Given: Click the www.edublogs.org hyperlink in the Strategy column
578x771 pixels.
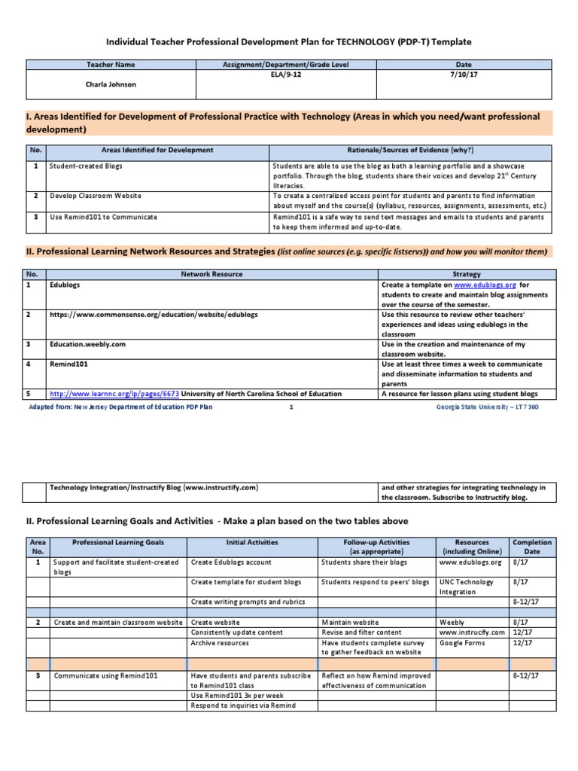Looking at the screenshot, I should (484, 285).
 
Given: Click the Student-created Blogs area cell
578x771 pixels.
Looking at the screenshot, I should (86, 165).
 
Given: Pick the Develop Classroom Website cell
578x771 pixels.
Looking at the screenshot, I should (95, 196).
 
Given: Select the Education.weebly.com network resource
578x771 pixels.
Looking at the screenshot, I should (87, 343).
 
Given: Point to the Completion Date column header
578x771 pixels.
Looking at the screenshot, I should (531, 547).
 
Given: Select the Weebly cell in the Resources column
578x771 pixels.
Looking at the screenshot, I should (452, 623).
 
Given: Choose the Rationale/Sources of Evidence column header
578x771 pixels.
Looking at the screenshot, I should (410, 151).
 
